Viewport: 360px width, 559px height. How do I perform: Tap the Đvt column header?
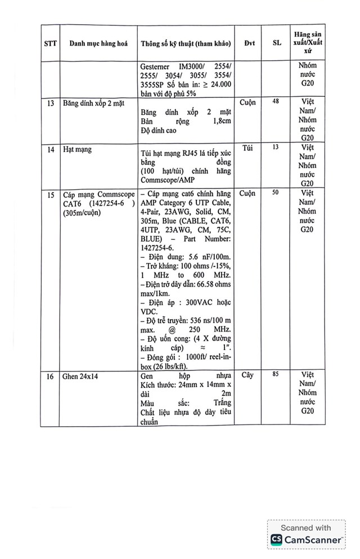[249, 43]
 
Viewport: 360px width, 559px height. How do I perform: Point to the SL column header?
[277, 43]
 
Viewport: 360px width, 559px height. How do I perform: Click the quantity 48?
[276, 102]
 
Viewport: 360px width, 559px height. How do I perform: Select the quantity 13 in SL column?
[276, 147]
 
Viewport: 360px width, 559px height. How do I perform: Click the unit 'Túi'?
[248, 148]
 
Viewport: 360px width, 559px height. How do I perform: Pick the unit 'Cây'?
[247, 375]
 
